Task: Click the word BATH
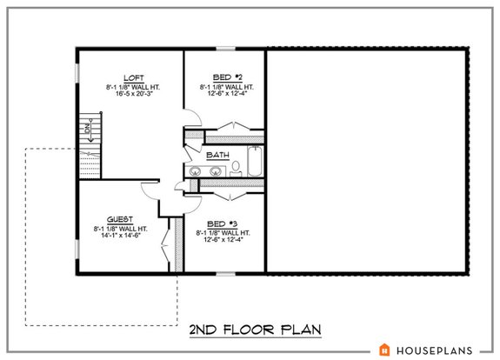tap(217, 156)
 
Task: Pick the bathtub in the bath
tap(254, 160)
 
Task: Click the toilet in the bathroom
tap(237, 171)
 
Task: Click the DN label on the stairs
tap(88, 130)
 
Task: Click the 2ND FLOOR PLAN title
tap(255, 330)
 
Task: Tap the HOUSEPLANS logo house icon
tap(383, 349)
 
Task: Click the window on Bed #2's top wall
tap(225, 49)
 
